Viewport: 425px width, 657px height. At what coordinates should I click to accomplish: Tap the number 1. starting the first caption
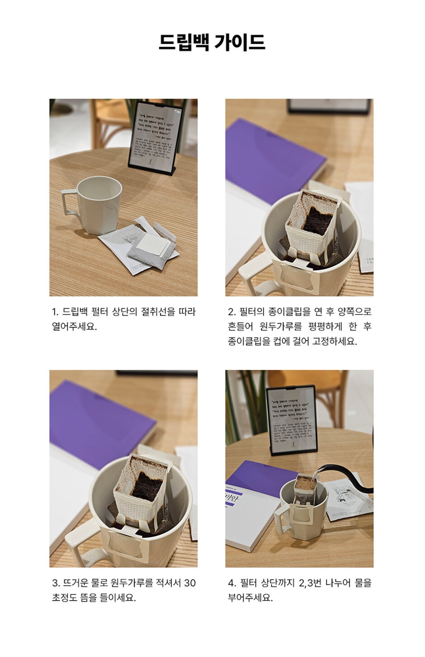coord(55,312)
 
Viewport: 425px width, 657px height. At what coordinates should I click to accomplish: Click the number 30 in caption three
coord(190,582)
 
